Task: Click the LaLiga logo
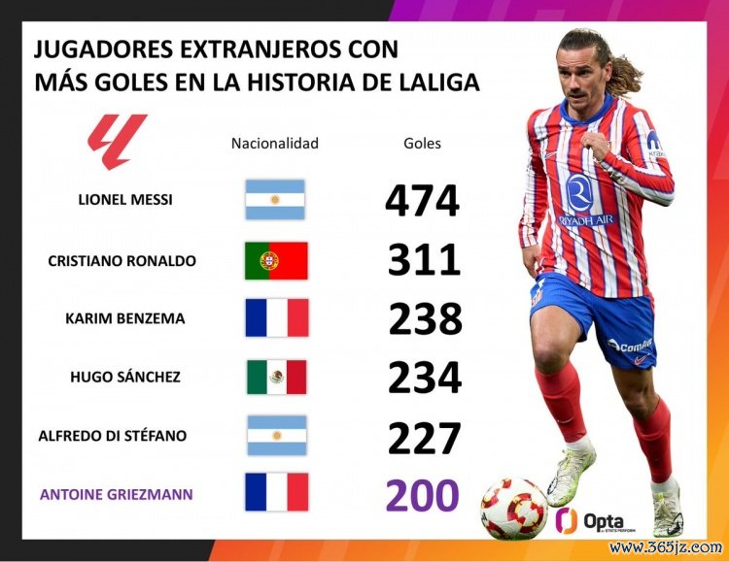[x=117, y=142]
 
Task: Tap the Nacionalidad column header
[x=275, y=144]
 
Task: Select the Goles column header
[x=422, y=144]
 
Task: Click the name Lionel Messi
[x=124, y=200]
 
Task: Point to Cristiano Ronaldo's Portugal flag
[x=276, y=260]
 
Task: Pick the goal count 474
[x=422, y=201]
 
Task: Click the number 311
[x=424, y=261]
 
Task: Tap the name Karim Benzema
[x=124, y=318]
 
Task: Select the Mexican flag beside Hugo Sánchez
[x=276, y=377]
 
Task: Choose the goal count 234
[x=425, y=378]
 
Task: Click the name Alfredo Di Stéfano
[x=112, y=436]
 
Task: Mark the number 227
[x=424, y=437]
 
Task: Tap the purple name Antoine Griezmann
[x=116, y=494]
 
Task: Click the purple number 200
[x=422, y=495]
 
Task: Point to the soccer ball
[x=514, y=508]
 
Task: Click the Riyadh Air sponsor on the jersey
[x=586, y=201]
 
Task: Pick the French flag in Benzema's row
[x=276, y=318]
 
